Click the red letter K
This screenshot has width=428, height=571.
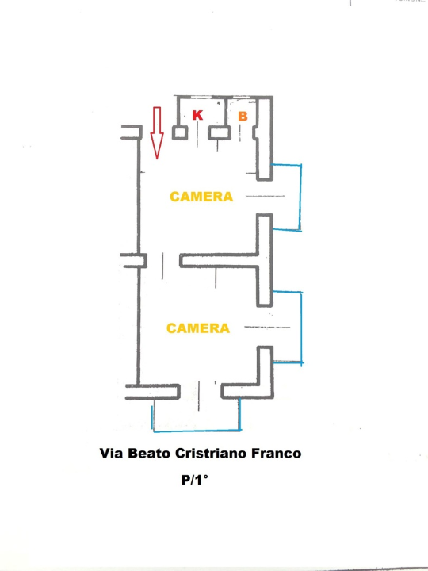(197, 116)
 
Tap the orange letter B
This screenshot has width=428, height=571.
(243, 117)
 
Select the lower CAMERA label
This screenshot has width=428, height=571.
(198, 328)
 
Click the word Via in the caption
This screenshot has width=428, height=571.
(112, 454)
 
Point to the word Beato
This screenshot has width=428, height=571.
(152, 454)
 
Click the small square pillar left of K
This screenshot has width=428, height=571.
(180, 132)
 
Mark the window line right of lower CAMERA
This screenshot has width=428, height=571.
(267, 327)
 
